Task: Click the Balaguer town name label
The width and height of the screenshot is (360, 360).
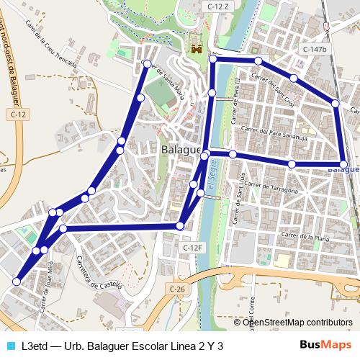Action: (179, 149)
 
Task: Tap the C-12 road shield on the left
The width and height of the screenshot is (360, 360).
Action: (19, 114)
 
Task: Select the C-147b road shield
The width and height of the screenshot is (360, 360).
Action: (315, 49)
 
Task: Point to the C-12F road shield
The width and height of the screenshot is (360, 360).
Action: (194, 248)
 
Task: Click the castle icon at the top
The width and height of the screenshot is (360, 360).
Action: (195, 45)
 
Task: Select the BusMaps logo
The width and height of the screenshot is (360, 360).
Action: (325, 346)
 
